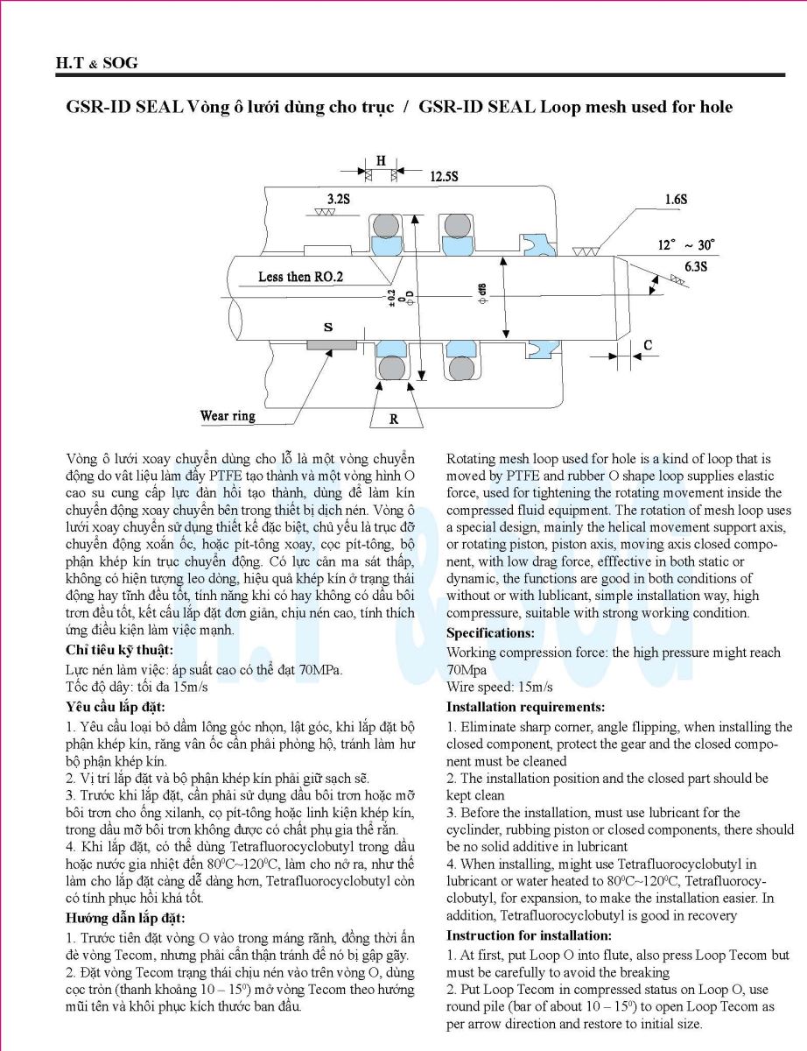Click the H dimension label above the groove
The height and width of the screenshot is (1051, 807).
click(381, 160)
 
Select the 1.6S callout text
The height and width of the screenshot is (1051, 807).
click(675, 200)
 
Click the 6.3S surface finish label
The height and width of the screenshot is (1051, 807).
click(696, 266)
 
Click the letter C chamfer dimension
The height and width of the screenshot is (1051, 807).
click(647, 345)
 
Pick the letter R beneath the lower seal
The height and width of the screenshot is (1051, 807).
click(394, 419)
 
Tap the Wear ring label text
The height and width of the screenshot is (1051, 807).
click(228, 415)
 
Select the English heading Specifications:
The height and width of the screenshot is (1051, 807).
click(490, 632)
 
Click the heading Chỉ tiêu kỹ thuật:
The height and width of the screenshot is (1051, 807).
click(119, 650)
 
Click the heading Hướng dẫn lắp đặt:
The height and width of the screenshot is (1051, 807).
click(124, 918)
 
